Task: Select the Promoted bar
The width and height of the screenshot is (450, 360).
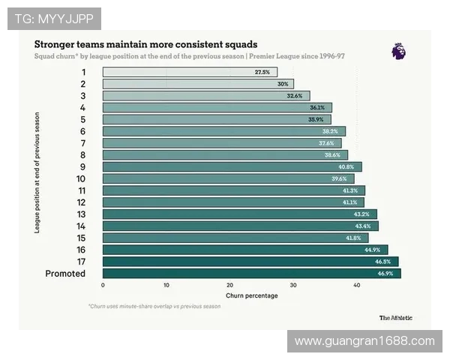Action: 251,274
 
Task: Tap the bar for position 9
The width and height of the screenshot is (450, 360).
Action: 232,167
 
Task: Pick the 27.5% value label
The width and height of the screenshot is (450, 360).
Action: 262,72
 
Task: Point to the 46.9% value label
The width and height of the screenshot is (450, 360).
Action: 385,274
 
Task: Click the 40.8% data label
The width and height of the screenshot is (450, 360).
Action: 346,167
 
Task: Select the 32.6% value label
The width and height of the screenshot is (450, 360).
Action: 295,96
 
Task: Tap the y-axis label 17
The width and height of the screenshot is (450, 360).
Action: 81,262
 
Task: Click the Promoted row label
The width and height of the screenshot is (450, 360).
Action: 65,274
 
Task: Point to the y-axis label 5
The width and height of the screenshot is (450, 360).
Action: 83,120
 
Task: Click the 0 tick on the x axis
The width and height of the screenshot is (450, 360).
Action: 103,286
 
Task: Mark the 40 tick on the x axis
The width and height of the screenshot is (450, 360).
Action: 357,286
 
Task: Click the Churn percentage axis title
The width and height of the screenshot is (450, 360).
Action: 251,295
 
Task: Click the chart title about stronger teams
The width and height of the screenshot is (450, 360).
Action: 145,44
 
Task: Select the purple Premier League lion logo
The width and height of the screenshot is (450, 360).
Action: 399,51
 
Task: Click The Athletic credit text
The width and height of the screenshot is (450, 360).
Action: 395,317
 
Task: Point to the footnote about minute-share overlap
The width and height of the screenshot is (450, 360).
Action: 154,306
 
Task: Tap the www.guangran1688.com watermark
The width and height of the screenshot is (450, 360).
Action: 364,341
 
